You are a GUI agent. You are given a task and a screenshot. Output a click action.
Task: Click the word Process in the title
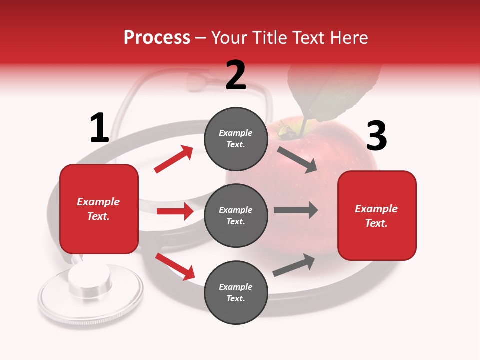coord(157,38)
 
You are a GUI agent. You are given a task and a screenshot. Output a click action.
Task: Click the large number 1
coord(99,128)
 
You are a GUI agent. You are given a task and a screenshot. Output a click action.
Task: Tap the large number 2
coord(236,75)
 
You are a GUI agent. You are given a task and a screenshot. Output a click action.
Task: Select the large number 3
coord(376,136)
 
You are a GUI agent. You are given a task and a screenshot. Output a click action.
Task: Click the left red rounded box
coord(99,209)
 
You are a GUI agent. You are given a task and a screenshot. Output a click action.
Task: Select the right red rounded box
coord(377,216)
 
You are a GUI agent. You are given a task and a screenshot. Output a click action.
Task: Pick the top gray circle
coord(236,139)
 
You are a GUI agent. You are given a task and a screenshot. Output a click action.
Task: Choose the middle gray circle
coord(236,215)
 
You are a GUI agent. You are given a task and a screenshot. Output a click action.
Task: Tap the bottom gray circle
coord(236,292)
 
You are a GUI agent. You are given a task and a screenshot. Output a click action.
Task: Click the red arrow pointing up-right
coord(174,159)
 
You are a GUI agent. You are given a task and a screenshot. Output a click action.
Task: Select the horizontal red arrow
coord(175,211)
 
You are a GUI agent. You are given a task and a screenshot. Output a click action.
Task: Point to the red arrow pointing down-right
coord(175,266)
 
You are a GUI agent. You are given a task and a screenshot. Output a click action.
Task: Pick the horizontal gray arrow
coord(295,210)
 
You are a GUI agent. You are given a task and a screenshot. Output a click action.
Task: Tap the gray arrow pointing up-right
coord(294,265)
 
